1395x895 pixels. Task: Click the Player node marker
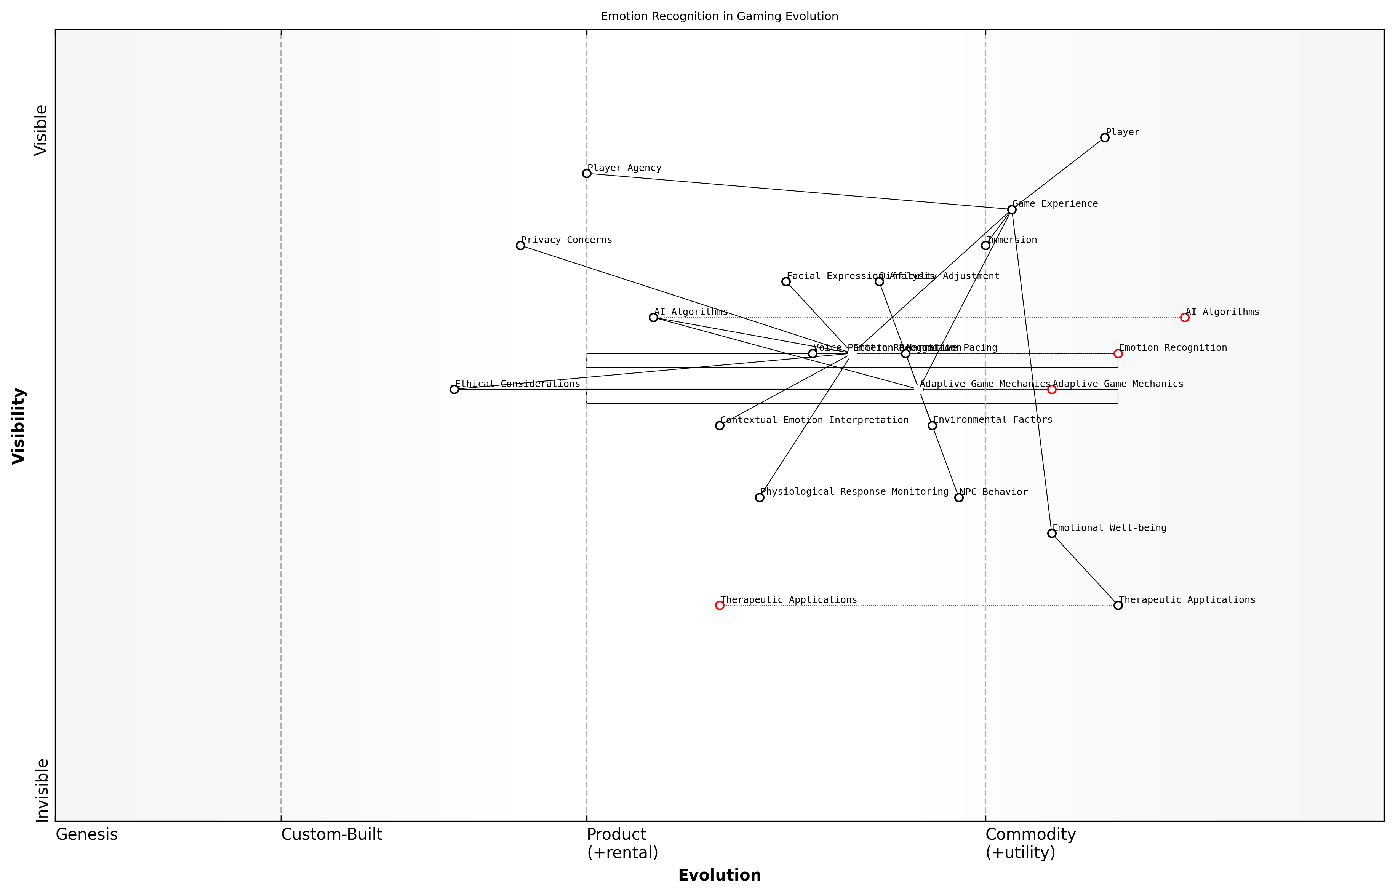click(1104, 138)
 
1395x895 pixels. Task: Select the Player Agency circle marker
click(587, 173)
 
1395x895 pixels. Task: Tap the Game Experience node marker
click(1011, 209)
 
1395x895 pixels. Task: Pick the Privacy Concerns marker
click(520, 245)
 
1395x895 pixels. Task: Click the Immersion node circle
click(985, 245)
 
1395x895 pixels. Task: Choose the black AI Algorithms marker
click(653, 317)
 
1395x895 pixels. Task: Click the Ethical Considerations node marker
click(454, 389)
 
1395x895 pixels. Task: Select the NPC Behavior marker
click(958, 497)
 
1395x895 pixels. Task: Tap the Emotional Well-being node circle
click(1051, 534)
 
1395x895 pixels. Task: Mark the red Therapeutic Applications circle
click(720, 606)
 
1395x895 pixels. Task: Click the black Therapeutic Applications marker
click(1118, 606)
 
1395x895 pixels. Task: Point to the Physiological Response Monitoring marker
click(760, 497)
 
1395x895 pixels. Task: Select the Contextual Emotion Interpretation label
click(814, 420)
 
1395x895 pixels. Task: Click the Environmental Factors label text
click(992, 420)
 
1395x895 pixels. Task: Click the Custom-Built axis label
click(331, 834)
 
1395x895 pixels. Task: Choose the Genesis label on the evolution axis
click(86, 834)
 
